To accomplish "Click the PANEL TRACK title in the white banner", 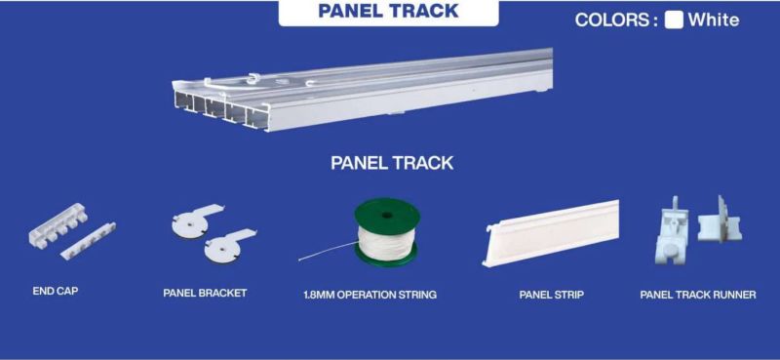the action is click(x=388, y=11).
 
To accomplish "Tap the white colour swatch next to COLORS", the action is click(x=674, y=20).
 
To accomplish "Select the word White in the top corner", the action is click(x=714, y=20).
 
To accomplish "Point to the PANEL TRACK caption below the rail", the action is click(x=392, y=163).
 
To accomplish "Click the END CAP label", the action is click(x=56, y=292).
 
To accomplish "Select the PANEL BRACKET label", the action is click(x=205, y=293).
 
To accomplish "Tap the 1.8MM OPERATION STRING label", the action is click(x=370, y=295).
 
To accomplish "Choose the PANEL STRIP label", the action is click(x=551, y=295).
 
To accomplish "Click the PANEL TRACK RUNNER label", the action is click(x=698, y=295).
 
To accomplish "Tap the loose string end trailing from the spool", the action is click(x=329, y=252).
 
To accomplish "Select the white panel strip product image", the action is click(x=551, y=233).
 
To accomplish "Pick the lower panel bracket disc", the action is click(x=223, y=249).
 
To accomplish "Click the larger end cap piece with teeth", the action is click(x=58, y=225).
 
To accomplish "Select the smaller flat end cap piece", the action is click(x=89, y=241).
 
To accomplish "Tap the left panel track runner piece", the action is click(x=672, y=230).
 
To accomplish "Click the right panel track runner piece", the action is click(x=720, y=222).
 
